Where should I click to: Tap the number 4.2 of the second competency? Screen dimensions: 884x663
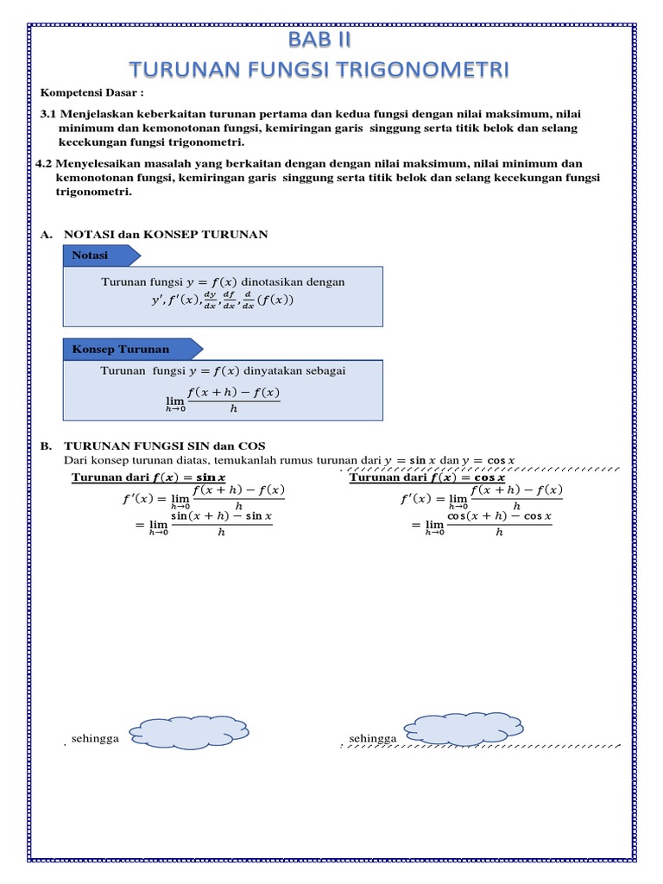click(x=44, y=163)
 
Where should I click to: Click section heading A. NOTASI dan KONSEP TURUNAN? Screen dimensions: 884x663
click(x=155, y=234)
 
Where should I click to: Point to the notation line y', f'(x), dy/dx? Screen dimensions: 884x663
click(x=222, y=301)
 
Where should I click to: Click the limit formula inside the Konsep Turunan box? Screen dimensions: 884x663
click(x=223, y=399)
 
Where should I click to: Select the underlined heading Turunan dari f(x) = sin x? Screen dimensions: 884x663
click(x=148, y=477)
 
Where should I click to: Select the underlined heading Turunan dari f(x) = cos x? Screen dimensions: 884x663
click(x=426, y=477)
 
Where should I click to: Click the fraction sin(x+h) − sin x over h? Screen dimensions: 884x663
click(x=221, y=524)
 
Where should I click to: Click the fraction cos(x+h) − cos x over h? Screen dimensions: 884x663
click(x=498, y=524)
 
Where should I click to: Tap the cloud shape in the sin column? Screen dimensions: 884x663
click(x=186, y=732)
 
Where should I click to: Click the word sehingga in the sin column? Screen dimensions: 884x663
click(x=95, y=740)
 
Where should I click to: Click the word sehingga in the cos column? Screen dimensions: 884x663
click(x=372, y=739)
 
